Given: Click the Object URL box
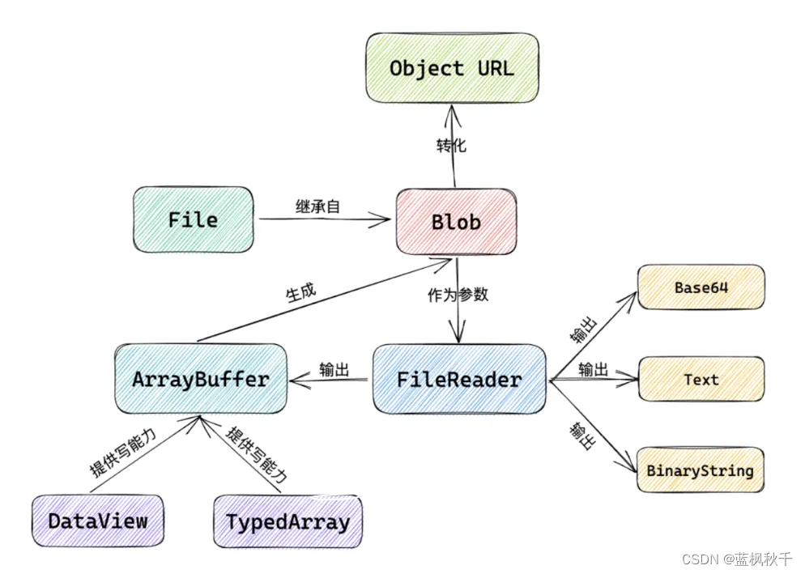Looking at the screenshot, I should (x=451, y=68).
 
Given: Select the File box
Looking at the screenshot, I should (x=193, y=220).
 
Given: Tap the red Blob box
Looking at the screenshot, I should (x=456, y=222).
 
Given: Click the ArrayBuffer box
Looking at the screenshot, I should (x=200, y=379).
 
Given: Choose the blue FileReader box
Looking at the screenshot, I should (x=458, y=379).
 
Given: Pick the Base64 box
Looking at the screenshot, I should (x=701, y=287).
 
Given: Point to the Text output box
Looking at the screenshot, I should (x=701, y=379).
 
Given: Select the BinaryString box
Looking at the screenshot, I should (x=700, y=470).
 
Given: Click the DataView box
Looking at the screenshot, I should (x=97, y=521).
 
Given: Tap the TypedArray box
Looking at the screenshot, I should (x=287, y=521).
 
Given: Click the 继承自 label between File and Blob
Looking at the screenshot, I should (x=317, y=206).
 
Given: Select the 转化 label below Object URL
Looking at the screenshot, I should (x=451, y=147).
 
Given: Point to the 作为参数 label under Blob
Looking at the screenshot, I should (x=458, y=295).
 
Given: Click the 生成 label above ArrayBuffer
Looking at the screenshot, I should (x=300, y=292).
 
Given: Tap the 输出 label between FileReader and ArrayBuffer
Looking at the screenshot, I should (x=334, y=370).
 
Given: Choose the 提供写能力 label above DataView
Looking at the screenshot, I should (x=122, y=453).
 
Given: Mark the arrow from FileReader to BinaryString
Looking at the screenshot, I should (x=591, y=424).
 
